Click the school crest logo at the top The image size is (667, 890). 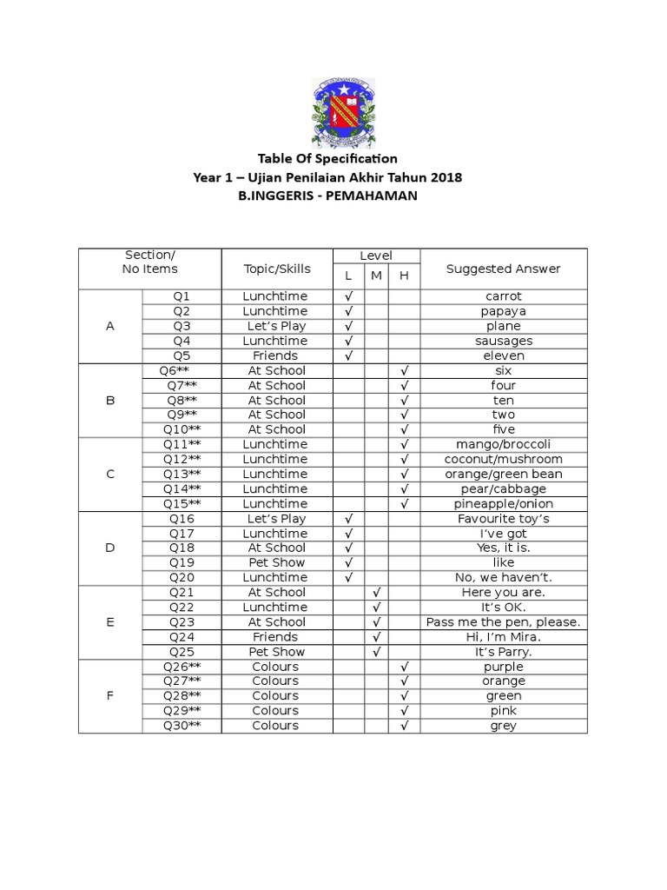342,112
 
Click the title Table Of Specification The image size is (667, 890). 327,158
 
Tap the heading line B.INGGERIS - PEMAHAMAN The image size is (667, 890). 327,196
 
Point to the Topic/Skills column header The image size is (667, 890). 276,269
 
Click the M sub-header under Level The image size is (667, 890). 376,276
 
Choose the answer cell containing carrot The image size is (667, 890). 503,296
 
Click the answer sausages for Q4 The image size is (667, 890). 503,341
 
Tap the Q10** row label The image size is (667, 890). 182,429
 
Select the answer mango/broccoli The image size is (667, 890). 503,444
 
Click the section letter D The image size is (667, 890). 110,548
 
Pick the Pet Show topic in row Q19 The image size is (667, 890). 276,562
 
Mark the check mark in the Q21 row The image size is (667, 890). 376,592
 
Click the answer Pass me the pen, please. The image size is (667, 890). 503,622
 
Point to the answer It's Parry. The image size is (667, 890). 503,652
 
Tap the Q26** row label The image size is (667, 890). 182,667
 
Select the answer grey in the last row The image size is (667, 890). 503,726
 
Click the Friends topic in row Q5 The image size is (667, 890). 276,355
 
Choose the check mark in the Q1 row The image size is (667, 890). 348,296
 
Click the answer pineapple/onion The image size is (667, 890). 503,504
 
